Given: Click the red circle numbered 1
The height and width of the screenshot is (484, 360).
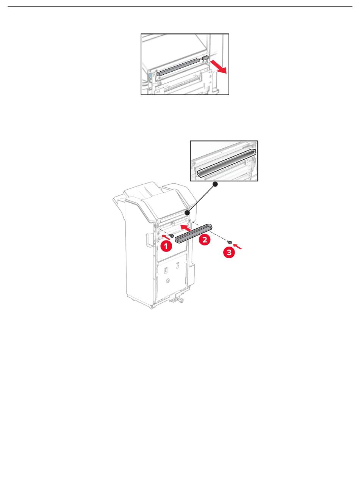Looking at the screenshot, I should pos(166,245).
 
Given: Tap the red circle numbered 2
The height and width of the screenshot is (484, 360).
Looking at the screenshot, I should pos(205,239).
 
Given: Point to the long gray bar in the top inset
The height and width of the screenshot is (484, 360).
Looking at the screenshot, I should pos(178,67).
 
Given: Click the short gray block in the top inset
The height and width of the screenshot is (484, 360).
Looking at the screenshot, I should pos(205,58).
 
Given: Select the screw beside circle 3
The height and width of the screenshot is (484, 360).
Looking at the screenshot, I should pos(229,242).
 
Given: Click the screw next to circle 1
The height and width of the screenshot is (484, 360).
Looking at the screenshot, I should pos(171,236).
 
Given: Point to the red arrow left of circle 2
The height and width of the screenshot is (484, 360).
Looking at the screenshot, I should pos(186,227).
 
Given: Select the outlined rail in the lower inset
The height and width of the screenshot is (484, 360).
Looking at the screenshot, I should pos(226,163).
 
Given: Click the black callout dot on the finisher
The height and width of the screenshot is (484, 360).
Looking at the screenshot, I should pos(187,213).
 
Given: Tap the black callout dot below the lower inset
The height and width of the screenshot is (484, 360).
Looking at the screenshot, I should pos(215,184).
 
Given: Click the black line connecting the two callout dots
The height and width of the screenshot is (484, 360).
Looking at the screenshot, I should pos(201,199).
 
